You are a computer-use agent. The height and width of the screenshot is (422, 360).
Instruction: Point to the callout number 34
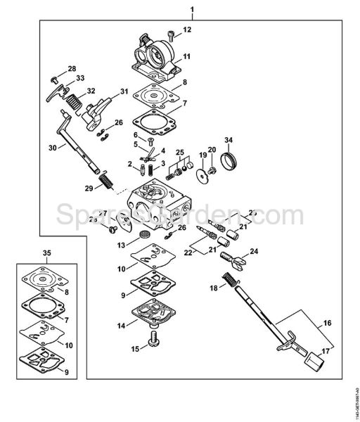[228, 140]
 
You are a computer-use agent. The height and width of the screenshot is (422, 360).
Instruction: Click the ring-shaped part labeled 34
[228, 166]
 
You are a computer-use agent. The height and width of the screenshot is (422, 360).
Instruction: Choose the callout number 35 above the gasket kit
[47, 251]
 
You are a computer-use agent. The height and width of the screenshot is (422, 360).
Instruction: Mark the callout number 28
[71, 68]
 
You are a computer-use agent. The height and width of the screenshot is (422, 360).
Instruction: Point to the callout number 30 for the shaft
[51, 147]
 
